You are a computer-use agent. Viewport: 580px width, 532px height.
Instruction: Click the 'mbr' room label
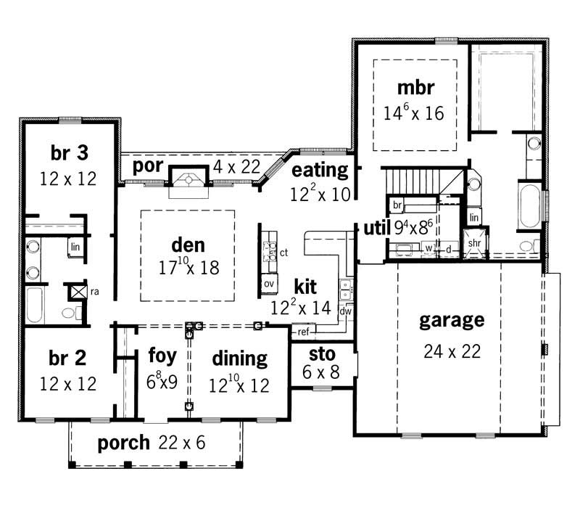click(415, 88)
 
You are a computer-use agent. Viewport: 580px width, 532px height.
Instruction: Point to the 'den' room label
click(188, 245)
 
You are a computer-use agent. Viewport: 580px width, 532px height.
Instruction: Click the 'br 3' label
click(71, 153)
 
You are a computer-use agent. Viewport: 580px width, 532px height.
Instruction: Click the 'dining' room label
click(239, 358)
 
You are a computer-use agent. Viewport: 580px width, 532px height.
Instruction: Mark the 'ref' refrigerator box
click(303, 332)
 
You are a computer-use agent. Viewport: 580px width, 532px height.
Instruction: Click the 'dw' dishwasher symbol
click(346, 311)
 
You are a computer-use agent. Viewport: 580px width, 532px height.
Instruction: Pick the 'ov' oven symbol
click(268, 283)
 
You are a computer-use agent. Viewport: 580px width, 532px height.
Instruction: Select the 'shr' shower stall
click(476, 242)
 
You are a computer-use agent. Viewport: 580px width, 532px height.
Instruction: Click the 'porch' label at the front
click(124, 442)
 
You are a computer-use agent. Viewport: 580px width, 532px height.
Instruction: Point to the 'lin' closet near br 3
click(75, 247)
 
